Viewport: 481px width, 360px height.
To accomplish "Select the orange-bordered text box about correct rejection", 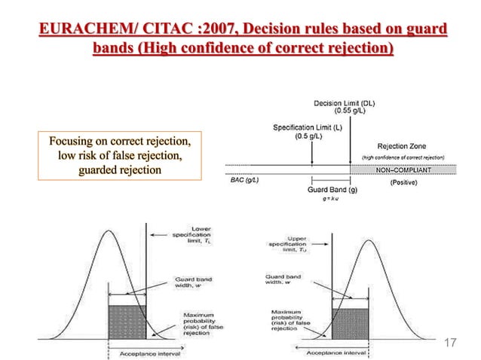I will click(120, 156).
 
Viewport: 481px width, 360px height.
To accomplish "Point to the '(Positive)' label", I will click(407, 183).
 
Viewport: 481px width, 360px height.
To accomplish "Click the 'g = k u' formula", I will click(332, 199).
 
